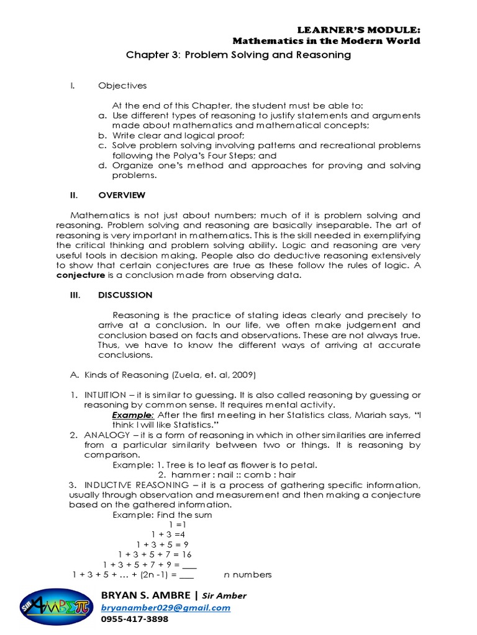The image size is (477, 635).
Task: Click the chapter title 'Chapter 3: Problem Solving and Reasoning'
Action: coord(238,55)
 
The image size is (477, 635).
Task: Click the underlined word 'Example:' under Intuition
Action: coord(133,414)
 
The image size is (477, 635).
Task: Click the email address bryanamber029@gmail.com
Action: coord(165,608)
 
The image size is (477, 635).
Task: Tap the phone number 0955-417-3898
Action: coord(134,619)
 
